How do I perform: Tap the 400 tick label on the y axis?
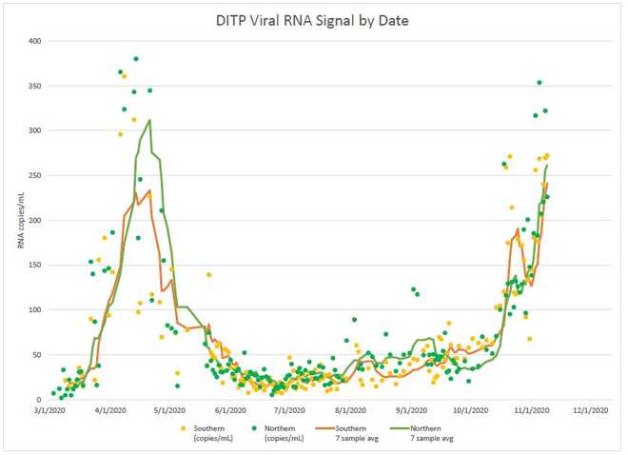point(34,41)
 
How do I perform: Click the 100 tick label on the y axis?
point(34,310)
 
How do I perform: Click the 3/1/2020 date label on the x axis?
point(52,412)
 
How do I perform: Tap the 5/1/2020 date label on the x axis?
point(169,412)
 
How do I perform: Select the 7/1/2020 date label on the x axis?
point(286,412)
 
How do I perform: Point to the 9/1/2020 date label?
point(404,412)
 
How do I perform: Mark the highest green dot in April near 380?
point(136,59)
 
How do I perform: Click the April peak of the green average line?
point(149,121)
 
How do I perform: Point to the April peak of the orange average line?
point(149,190)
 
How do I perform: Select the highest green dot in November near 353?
point(540,83)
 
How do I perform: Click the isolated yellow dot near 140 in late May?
point(208,275)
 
